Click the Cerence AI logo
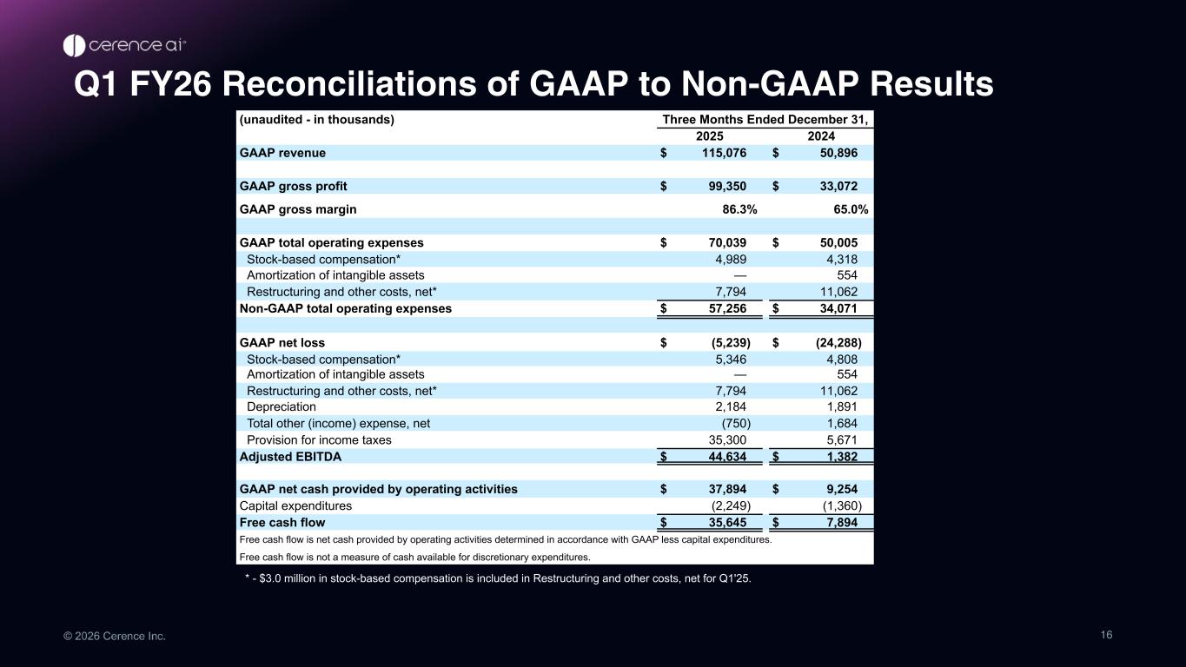[124, 45]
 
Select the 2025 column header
[710, 136]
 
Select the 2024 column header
[821, 136]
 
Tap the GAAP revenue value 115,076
[724, 153]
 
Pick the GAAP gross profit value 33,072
[838, 186]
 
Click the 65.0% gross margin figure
[851, 209]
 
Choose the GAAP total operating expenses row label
[331, 243]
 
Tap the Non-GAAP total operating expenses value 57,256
[724, 308]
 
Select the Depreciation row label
[282, 406]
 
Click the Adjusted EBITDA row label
[290, 457]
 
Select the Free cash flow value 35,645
[724, 523]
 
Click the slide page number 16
[1106, 635]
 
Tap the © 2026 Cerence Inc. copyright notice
[114, 637]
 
